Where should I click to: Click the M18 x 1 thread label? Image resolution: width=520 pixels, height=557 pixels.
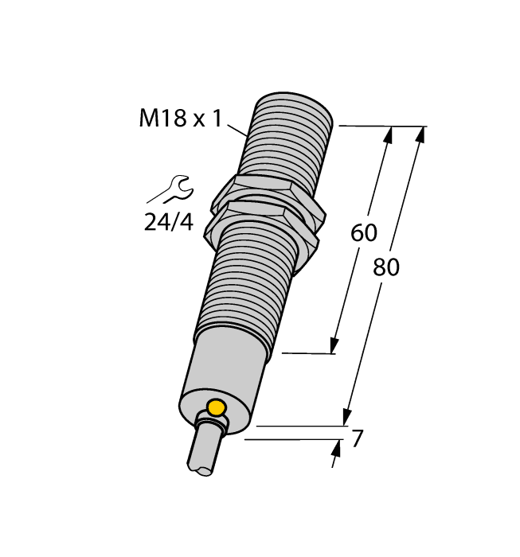(179, 119)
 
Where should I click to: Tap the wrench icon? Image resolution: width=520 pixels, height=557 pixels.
(169, 191)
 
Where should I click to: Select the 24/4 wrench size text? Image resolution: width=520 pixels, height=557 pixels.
(168, 222)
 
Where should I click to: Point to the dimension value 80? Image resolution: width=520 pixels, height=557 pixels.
(386, 268)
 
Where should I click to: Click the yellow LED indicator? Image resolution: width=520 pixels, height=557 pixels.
(215, 409)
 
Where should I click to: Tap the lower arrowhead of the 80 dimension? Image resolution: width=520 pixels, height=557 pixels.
(347, 416)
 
